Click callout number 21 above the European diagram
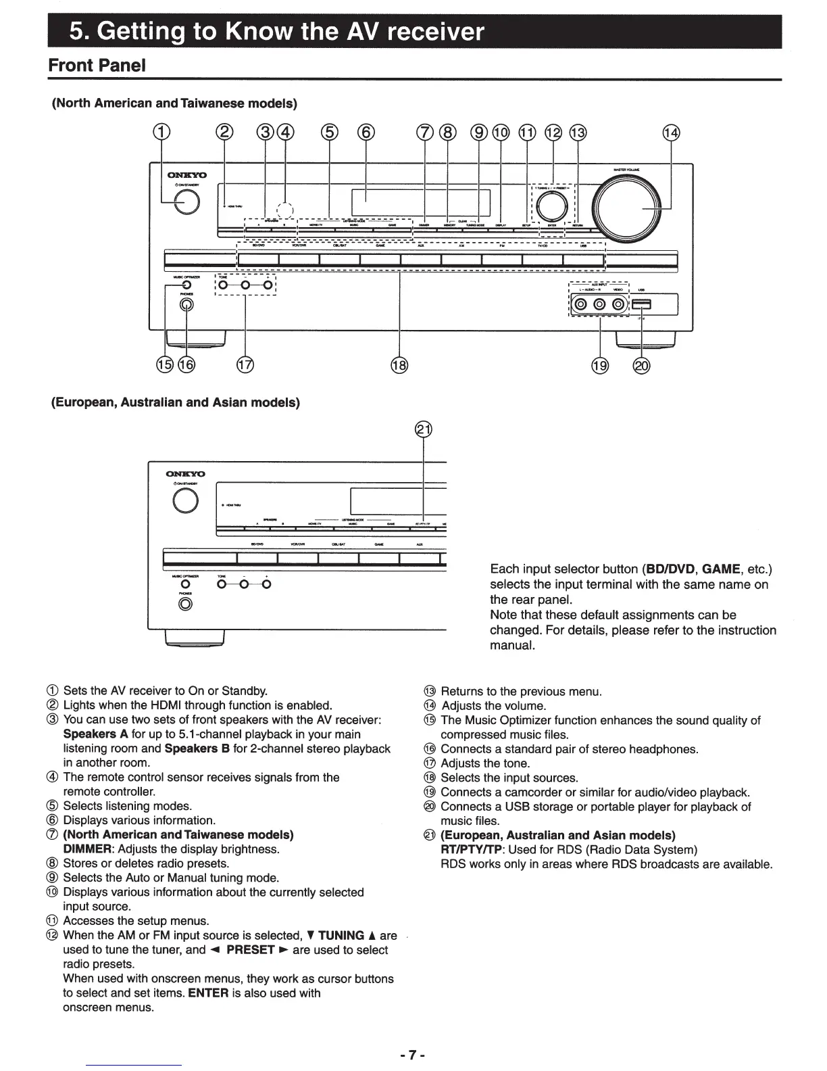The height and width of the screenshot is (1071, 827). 423,431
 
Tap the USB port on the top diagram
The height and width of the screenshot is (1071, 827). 641,305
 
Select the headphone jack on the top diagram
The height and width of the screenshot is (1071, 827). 186,305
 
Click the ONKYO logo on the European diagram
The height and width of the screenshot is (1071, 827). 186,473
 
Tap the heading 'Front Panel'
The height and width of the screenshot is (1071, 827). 97,66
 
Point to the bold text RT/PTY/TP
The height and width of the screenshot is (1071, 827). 471,850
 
